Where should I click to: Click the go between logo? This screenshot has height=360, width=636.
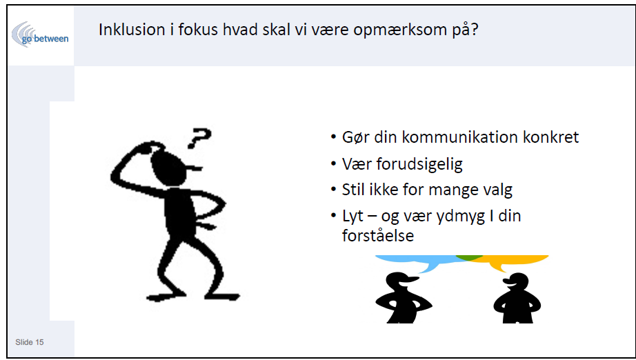pos(40,34)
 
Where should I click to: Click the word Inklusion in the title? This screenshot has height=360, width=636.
pos(130,30)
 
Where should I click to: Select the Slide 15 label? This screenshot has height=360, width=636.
pos(30,342)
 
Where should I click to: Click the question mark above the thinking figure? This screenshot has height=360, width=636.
pos(199,138)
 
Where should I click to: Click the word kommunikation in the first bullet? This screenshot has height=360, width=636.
pos(459,137)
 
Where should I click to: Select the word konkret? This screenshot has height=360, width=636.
pos(550,137)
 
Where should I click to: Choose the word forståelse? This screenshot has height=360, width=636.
pos(377,236)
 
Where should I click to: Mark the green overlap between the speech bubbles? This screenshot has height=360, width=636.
pos(469,257)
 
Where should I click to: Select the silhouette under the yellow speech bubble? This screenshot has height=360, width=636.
pos(517,298)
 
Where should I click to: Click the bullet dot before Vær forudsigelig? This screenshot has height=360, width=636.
pos(333,163)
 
